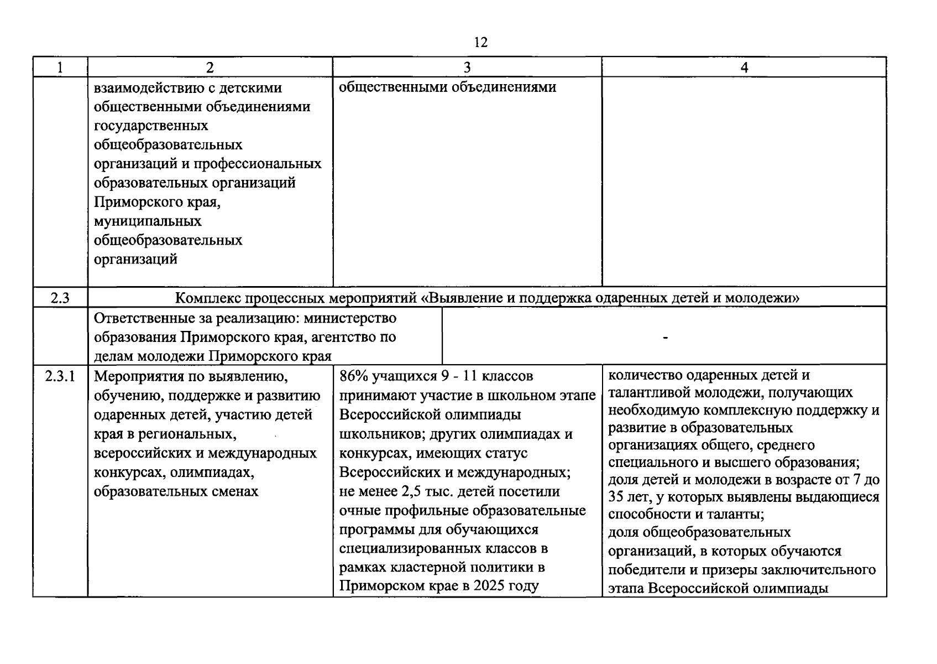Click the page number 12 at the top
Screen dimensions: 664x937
480,43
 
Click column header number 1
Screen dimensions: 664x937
60,68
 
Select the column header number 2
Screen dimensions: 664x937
210,68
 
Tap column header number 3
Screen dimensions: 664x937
467,68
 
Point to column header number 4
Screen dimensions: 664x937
744,68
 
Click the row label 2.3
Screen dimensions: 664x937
60,298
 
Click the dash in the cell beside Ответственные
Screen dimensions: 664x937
664,337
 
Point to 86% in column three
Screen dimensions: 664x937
354,377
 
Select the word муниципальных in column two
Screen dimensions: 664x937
148,221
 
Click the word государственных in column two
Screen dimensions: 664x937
151,126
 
